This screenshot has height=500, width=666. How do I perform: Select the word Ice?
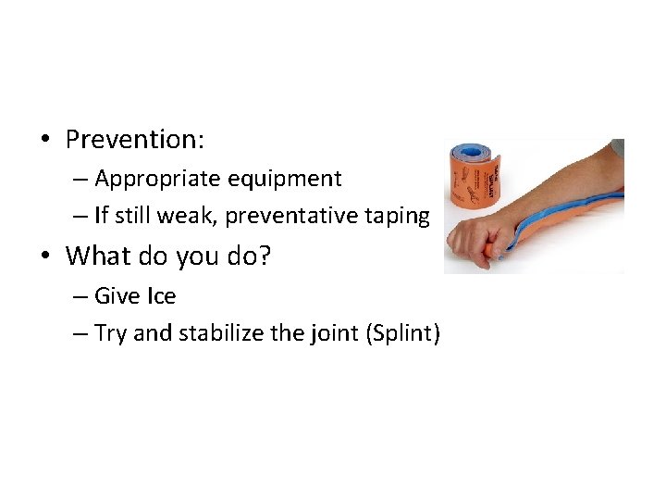(x=160, y=296)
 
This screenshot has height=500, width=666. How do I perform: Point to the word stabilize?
(x=207, y=333)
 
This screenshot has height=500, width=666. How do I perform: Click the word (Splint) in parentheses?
(x=402, y=333)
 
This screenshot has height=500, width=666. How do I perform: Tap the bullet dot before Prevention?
(x=43, y=141)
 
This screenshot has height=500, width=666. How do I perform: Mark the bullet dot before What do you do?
(x=43, y=256)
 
